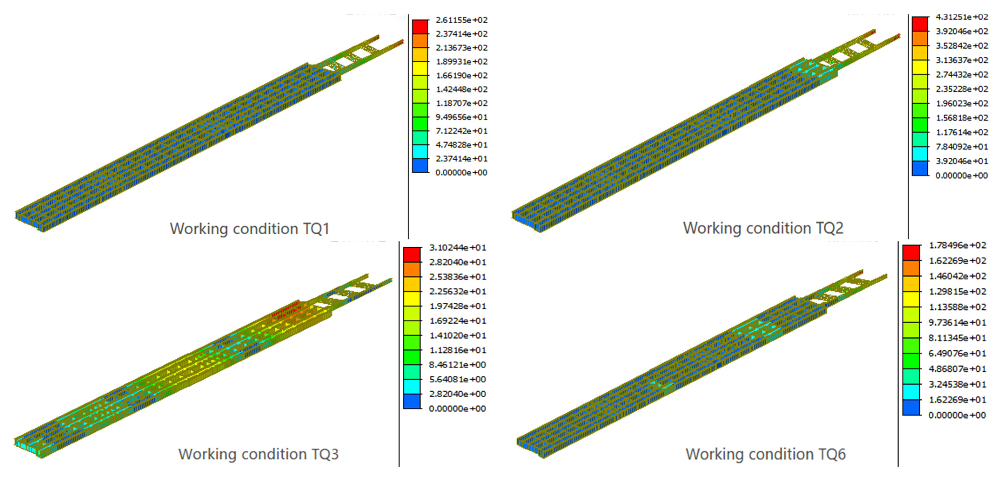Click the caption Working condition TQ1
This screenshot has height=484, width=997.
point(250,229)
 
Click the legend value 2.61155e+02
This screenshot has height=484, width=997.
point(461,20)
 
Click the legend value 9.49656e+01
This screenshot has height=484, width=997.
point(461,117)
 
